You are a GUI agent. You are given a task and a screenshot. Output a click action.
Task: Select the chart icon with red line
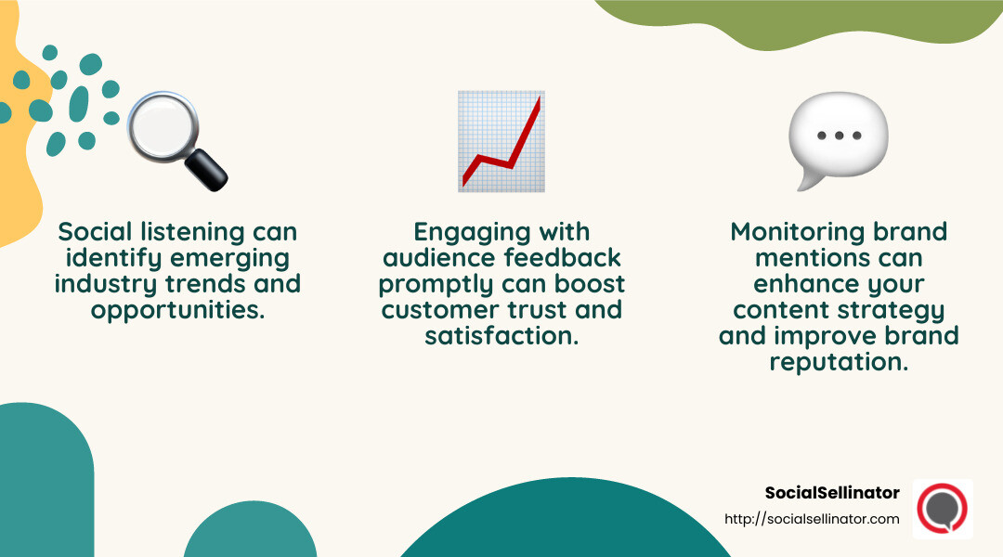(x=501, y=141)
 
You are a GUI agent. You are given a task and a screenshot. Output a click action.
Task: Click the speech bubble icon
(x=838, y=139)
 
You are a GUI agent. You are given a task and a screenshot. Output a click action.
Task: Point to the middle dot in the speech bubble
(x=839, y=136)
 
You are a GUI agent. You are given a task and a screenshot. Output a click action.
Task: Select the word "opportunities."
(x=177, y=310)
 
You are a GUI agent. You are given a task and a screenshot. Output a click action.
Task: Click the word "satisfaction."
(x=501, y=335)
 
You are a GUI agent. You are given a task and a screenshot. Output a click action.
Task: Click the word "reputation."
(x=839, y=362)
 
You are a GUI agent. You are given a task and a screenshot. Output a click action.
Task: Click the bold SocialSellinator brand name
(x=832, y=493)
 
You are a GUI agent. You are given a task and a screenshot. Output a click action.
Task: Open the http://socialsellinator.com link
(x=812, y=519)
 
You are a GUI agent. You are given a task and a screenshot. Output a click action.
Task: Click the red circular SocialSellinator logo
(x=942, y=509)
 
